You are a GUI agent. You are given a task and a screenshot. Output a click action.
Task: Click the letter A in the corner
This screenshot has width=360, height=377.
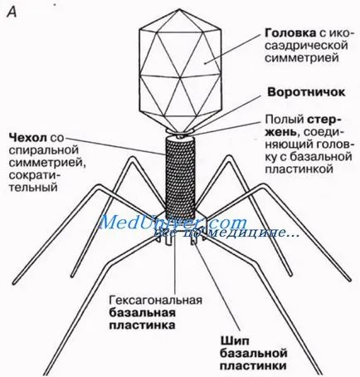coord(12,12)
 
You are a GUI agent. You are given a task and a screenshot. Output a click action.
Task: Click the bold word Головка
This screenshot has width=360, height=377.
coord(290,33)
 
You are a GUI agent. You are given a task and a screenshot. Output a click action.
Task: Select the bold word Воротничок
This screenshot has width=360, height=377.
coord(306,92)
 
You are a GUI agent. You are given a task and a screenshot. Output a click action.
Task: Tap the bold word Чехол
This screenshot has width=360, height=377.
coord(27,137)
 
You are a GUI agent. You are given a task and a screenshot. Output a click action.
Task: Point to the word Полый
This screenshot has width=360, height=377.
coord(285,120)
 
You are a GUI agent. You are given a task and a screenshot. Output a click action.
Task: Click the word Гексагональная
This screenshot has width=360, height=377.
coord(156,300)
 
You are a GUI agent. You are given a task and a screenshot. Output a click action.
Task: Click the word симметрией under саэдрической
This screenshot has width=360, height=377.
coord(302,58)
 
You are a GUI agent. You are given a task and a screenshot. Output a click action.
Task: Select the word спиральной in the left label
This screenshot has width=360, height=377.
coord(44,149)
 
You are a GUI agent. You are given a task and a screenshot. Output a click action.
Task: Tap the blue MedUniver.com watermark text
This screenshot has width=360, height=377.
coord(172,223)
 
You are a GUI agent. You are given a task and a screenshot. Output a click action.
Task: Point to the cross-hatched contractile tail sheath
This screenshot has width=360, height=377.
coord(180,177)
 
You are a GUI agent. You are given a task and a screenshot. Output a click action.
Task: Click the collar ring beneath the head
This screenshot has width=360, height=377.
coord(180,130)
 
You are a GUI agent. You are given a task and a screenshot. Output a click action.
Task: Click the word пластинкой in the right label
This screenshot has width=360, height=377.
coord(299,169)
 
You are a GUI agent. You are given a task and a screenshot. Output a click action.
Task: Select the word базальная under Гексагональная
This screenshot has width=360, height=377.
coord(143,312)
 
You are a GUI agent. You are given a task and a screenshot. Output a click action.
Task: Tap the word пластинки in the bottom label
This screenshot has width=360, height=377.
coord(253,365)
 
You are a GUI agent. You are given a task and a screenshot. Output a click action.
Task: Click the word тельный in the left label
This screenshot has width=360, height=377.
coord(33,187)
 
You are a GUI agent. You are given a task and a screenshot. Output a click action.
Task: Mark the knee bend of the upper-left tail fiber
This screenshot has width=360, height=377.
coord(133,158)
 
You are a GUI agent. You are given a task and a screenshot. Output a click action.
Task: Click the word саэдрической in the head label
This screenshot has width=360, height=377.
coord(306,46)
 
